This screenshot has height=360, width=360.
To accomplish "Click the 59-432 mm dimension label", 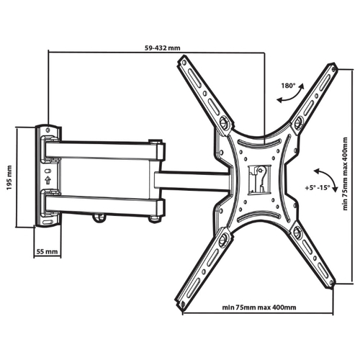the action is point(162,48).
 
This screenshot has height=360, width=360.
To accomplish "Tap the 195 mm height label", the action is point(9,178).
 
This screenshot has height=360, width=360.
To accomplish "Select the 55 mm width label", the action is point(47,251).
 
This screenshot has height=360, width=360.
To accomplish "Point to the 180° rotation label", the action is point(288,86).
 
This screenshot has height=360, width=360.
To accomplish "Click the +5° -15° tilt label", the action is point(318,188).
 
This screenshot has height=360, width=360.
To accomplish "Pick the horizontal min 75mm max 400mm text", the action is point(259,307).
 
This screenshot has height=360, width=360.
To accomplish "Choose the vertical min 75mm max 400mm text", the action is point(345,174).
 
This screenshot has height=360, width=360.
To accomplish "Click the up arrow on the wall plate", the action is point(48,180).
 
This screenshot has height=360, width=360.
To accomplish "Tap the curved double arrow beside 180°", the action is point(291,94).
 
